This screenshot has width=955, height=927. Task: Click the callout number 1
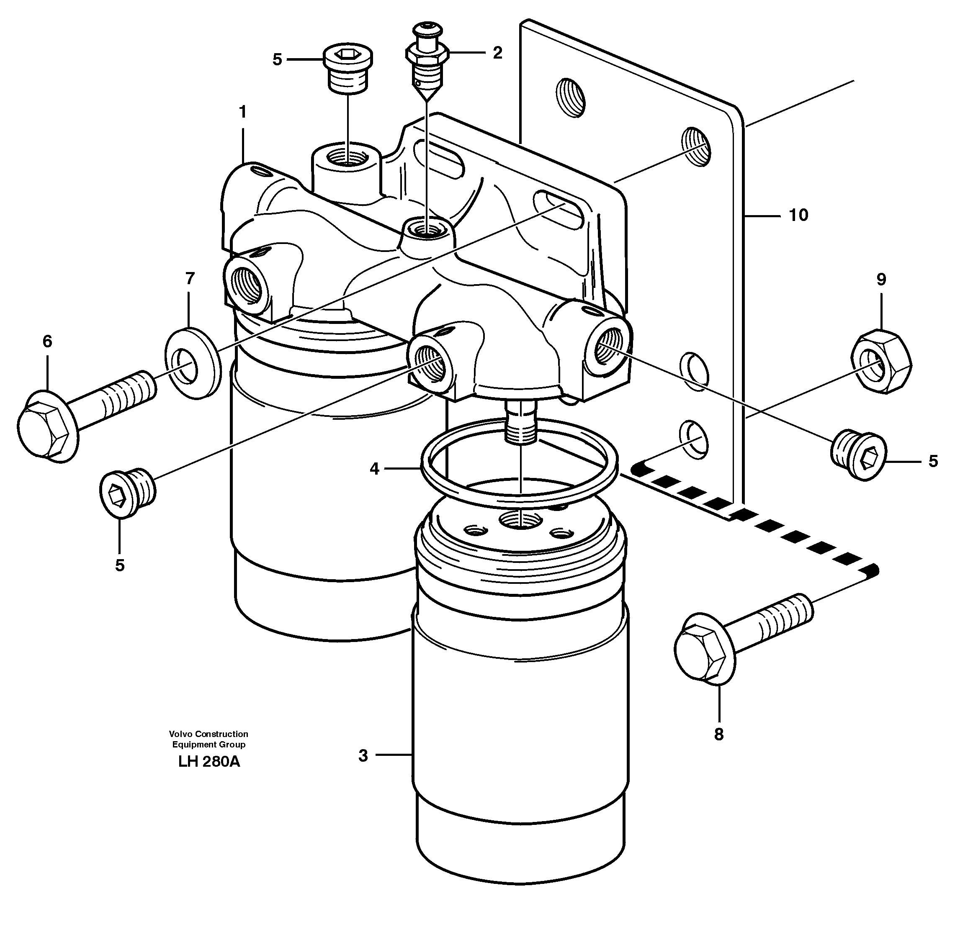point(242,113)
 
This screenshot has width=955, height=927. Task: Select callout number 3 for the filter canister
point(363,756)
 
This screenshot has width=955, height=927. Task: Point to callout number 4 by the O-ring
point(374,469)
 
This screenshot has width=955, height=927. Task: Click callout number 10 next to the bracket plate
point(798,215)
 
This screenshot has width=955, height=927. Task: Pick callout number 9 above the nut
point(881,280)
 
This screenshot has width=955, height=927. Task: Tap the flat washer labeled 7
point(192,357)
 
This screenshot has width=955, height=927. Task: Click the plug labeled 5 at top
point(348,71)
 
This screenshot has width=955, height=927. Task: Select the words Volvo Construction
point(209,734)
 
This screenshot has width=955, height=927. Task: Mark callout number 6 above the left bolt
point(47,342)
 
